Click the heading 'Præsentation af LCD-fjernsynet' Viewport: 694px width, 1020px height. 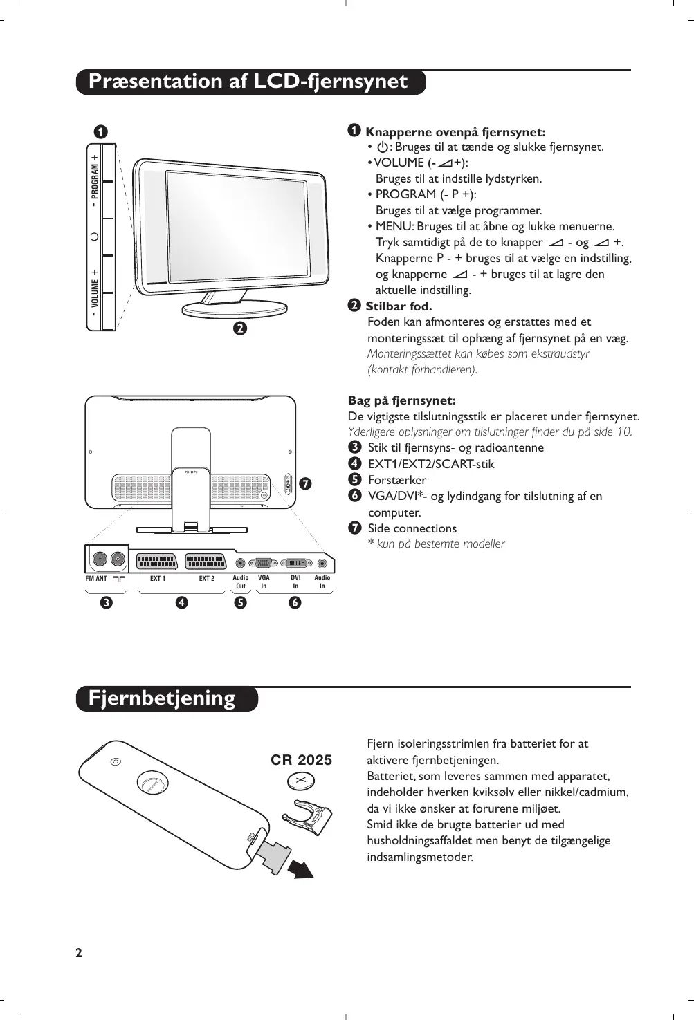[x=248, y=82]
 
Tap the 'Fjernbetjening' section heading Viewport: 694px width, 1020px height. [x=162, y=698]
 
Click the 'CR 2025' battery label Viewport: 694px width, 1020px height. [x=301, y=760]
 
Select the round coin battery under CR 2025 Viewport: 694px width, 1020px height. [x=302, y=781]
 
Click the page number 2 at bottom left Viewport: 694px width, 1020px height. [x=79, y=953]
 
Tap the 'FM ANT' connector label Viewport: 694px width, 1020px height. [x=96, y=578]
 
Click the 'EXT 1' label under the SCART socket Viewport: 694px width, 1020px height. [x=158, y=578]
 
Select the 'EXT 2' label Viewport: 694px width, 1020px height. [x=206, y=578]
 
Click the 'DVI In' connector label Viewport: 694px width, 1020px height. [x=295, y=582]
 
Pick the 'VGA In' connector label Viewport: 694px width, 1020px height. [x=264, y=582]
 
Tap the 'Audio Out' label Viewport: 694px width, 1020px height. [x=240, y=582]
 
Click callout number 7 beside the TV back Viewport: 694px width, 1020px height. [x=304, y=483]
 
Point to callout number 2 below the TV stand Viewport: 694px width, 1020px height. [x=239, y=328]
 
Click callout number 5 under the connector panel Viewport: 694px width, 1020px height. [x=240, y=602]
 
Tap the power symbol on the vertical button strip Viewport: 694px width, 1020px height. [x=94, y=237]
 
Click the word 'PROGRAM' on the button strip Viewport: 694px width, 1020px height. [x=95, y=180]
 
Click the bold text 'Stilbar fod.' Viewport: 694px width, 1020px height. [x=399, y=306]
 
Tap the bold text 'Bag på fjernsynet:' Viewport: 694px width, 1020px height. [x=401, y=400]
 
